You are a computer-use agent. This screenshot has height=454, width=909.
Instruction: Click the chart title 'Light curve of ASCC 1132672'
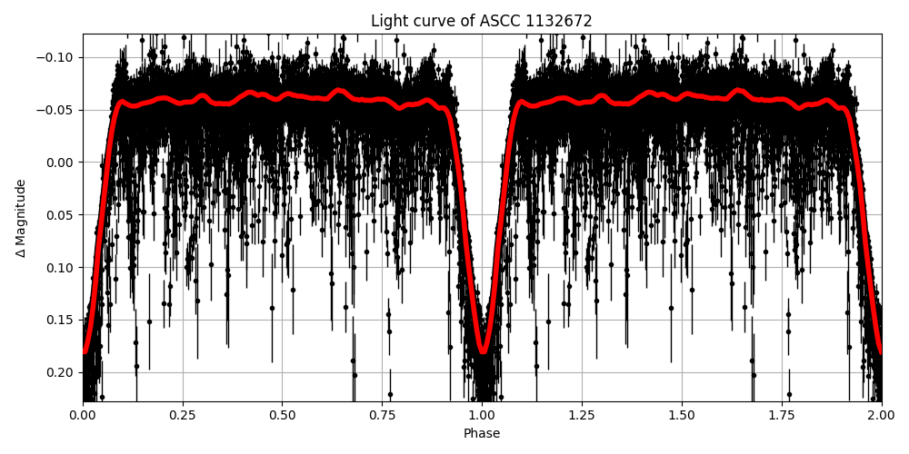pyautogui.click(x=481, y=21)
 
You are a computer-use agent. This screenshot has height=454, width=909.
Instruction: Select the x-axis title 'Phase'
pyautogui.click(x=482, y=434)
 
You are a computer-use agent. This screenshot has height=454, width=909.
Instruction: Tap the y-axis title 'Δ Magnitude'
pyautogui.click(x=21, y=218)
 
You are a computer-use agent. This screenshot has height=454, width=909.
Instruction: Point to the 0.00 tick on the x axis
pyautogui.click(x=83, y=417)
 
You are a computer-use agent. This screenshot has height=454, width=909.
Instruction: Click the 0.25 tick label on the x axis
pyautogui.click(x=183, y=417)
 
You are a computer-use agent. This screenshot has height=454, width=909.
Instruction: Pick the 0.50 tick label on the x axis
pyautogui.click(x=283, y=417)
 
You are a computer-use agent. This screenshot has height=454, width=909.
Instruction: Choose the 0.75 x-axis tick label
pyautogui.click(x=382, y=417)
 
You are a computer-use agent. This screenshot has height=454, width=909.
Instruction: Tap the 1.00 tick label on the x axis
pyautogui.click(x=482, y=417)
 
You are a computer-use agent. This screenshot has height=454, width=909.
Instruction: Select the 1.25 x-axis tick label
pyautogui.click(x=582, y=417)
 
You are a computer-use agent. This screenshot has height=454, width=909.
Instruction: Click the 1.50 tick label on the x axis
pyautogui.click(x=682, y=417)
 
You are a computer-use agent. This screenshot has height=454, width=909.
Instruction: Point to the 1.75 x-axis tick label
pyautogui.click(x=782, y=417)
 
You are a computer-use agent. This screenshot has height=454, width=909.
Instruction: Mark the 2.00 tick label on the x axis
pyautogui.click(x=881, y=417)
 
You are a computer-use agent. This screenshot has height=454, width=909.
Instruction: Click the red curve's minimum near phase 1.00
pyautogui.click(x=483, y=350)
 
